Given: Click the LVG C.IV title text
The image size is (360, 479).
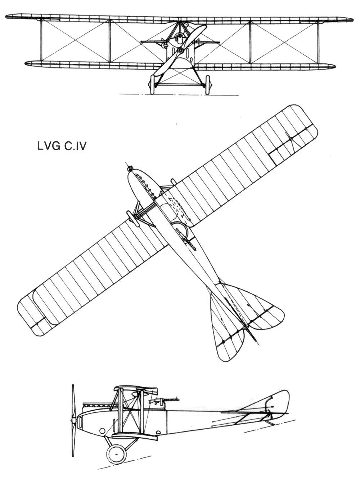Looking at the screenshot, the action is click(62, 146).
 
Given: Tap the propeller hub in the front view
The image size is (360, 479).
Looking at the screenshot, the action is click(181, 51).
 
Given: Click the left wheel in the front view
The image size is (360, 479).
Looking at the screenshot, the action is click(152, 85).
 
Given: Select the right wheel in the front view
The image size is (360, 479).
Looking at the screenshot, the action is click(208, 85).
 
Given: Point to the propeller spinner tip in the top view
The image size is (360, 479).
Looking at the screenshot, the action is click(129, 168).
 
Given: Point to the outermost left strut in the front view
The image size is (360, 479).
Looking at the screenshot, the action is click(41, 40).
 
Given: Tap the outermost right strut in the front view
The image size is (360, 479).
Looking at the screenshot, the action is click(319, 42).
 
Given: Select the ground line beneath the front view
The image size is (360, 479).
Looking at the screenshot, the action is click(179, 94).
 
